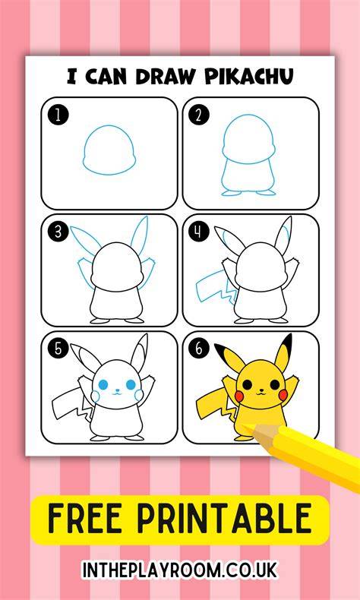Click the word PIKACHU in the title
[x=249, y=77]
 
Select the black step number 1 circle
[x=58, y=115]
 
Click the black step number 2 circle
[x=199, y=115]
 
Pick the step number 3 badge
[x=58, y=232]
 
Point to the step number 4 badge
[x=199, y=232]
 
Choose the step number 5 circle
[x=58, y=349]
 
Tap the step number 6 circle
[x=199, y=349]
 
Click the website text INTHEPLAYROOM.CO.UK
[x=180, y=570]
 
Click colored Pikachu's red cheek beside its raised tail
[x=238, y=396]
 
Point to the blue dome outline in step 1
[x=109, y=126]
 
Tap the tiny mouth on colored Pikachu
[x=261, y=392]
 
